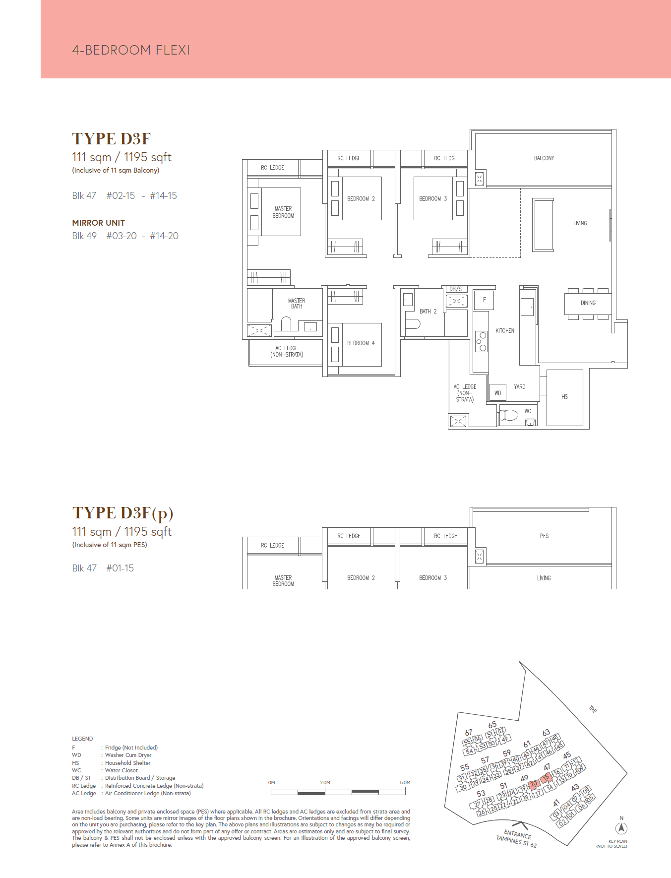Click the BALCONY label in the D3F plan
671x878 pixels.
tap(544, 158)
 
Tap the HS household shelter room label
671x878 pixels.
tap(564, 397)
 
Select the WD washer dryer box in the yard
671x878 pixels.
tap(497, 393)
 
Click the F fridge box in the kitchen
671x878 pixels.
tap(484, 300)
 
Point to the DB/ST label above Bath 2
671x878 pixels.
tap(456, 289)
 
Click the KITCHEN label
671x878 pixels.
tap(505, 331)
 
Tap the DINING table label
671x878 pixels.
tap(588, 303)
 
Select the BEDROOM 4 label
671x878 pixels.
tap(361, 343)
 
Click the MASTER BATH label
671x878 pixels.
tap(297, 304)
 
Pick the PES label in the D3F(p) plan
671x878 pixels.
tap(544, 536)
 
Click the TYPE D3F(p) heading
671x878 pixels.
tap(123, 513)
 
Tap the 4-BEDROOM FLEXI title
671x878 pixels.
tap(131, 50)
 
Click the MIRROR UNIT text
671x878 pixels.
tap(98, 223)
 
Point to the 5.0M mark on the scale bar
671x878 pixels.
tap(405, 782)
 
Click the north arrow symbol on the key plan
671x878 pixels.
tap(621, 828)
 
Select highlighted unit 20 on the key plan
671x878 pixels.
tap(534, 784)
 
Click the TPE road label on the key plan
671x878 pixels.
tap(592, 709)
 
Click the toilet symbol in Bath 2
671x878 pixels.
tap(413, 324)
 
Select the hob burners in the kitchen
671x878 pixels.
tap(481, 341)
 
